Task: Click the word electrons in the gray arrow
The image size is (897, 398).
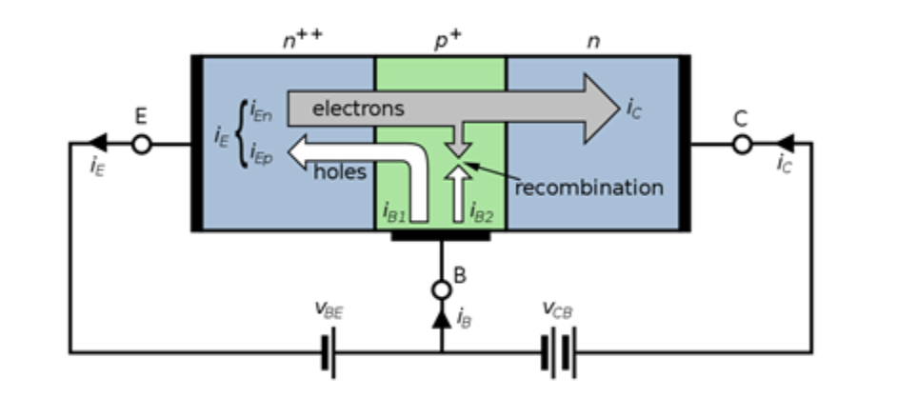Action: [358, 109]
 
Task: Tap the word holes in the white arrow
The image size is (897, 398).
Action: [341, 171]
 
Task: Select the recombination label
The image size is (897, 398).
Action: [588, 188]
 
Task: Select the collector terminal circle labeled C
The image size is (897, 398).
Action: [743, 145]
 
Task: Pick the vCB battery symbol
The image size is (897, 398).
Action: [558, 352]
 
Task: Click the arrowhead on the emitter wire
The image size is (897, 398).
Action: [97, 145]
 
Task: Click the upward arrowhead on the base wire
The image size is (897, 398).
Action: [441, 321]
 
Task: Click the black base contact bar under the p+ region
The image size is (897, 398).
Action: [441, 234]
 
